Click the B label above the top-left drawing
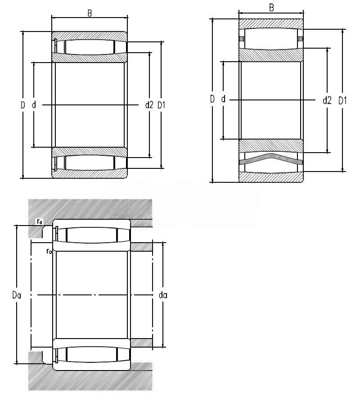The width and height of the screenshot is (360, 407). pos(90,13)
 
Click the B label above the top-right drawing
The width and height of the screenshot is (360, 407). pos(271,8)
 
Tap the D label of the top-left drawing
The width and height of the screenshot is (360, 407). pos(23,105)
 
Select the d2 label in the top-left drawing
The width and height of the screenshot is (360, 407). pos(149,105)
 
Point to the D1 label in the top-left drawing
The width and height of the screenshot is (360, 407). pos(162,105)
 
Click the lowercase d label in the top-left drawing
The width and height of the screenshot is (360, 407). pos(34,105)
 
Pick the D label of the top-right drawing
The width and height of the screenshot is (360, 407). pos(212,99)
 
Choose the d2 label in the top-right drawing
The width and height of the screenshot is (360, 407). pos(327,100)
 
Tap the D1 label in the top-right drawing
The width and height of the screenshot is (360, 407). pos(342,100)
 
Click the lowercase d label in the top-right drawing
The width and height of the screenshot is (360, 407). pos(223,99)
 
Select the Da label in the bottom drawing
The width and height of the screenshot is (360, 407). pos(17,295)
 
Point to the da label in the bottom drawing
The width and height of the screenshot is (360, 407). pos(163,295)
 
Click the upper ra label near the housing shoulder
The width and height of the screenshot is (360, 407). pos(40,222)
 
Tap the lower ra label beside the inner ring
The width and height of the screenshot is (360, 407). pos(49,251)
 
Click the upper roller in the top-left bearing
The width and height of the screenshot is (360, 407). pos(90,47)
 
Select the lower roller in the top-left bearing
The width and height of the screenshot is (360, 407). pos(90,162)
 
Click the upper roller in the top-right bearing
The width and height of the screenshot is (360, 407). pos(271,39)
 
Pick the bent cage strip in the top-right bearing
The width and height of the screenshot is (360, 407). pos(271,159)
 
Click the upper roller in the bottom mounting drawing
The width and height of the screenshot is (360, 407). pos(91,235)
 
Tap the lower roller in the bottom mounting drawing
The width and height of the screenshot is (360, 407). pos(91,355)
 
